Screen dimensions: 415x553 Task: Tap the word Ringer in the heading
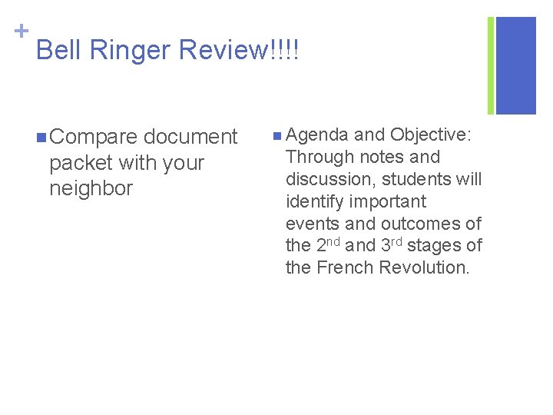pyautogui.click(x=131, y=51)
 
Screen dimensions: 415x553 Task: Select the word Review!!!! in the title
pyautogui.click(x=239, y=51)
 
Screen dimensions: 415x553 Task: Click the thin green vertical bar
pyautogui.click(x=491, y=65)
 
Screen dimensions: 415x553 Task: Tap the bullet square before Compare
pyautogui.click(x=39, y=138)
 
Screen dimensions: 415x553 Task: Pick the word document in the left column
pyautogui.click(x=190, y=137)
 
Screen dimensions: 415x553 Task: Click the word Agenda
pyautogui.click(x=317, y=135)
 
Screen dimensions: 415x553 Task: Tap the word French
pyautogui.click(x=343, y=267)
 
